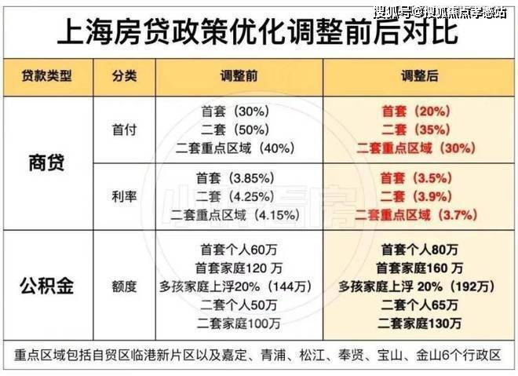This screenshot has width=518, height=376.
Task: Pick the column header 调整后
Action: coord(418,77)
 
